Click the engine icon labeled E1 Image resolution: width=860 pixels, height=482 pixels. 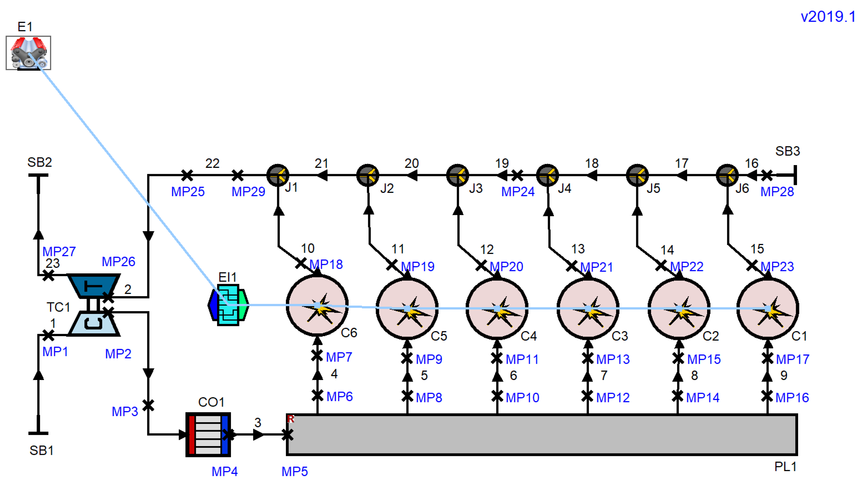(x=28, y=53)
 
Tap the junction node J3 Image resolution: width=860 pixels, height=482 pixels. (x=457, y=175)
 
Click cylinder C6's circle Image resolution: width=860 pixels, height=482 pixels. (x=317, y=305)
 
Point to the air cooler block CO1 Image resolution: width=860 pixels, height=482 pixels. (x=208, y=434)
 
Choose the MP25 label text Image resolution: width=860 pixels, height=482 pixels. (x=188, y=192)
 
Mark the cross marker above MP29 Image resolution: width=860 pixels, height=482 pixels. (x=237, y=175)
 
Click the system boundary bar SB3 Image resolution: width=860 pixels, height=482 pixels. (x=795, y=175)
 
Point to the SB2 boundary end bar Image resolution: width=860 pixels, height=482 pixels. (x=38, y=175)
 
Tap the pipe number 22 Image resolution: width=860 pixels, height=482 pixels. (x=212, y=163)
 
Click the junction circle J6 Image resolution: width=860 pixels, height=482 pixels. (x=727, y=175)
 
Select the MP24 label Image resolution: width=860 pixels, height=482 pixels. (x=518, y=192)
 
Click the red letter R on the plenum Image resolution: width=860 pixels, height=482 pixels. (x=291, y=419)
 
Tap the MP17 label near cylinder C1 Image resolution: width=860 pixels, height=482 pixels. (x=793, y=359)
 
